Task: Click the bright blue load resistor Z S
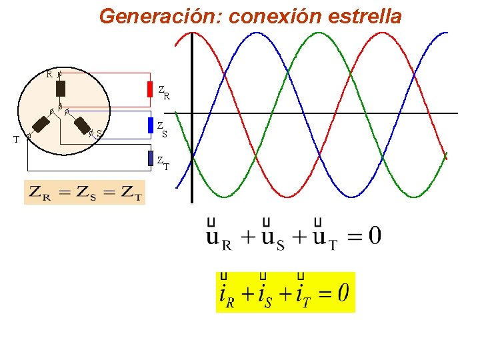[151, 125]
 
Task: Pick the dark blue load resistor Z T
[151, 158]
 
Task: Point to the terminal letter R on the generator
[49, 74]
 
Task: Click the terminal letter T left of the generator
[16, 139]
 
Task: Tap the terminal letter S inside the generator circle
[99, 135]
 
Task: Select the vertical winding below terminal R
[61, 88]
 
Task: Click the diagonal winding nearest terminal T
[42, 124]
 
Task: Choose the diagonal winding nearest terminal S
[83, 125]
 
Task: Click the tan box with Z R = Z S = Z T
[85, 193]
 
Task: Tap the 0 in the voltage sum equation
[375, 235]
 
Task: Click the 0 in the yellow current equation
[343, 293]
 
